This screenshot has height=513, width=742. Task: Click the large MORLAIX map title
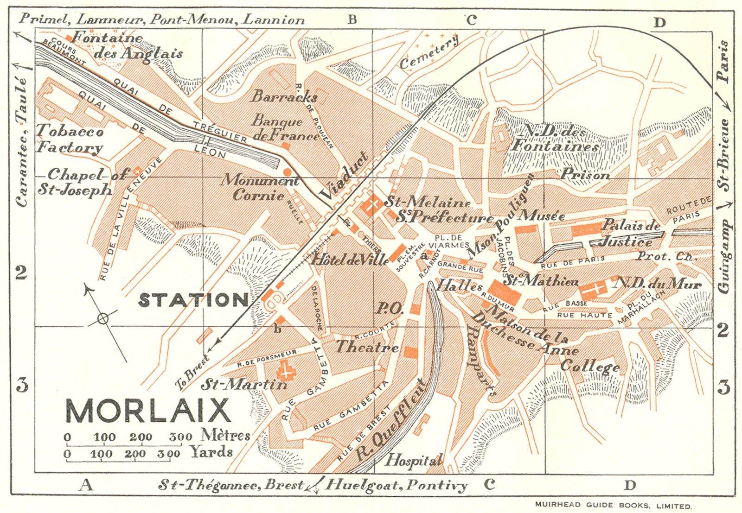point(148,410)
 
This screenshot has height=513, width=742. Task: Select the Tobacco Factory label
point(70,139)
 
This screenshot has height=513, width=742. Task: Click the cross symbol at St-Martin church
point(286,371)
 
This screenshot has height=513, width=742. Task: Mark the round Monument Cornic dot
point(288,172)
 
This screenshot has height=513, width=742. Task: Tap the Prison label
point(585,175)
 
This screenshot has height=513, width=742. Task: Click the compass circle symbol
point(103,318)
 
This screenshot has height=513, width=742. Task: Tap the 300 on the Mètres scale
point(180,437)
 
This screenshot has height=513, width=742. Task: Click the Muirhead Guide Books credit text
point(613,505)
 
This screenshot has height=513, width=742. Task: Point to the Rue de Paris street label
point(572,262)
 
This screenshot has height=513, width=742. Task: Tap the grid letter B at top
point(352,19)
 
